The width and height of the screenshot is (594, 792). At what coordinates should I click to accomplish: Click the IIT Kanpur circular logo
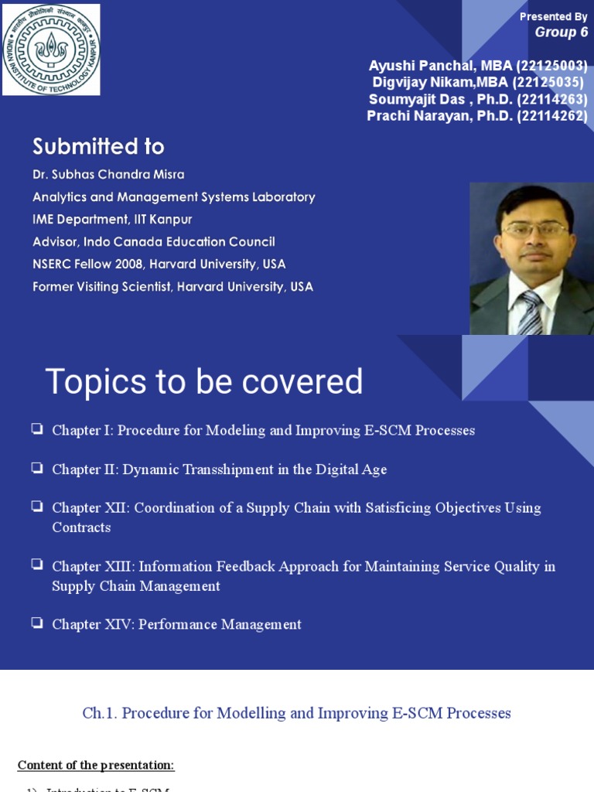[51, 49]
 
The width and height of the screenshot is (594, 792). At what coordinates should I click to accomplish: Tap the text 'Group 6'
[561, 32]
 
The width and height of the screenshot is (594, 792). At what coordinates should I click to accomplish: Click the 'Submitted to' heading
[98, 146]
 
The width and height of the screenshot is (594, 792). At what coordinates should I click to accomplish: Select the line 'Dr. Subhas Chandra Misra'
[108, 175]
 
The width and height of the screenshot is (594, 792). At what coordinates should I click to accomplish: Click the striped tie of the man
[530, 312]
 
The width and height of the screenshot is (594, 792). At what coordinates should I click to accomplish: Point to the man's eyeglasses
[534, 230]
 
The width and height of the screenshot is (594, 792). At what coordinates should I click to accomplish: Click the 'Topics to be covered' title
[204, 381]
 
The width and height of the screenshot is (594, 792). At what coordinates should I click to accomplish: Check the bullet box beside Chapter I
[37, 428]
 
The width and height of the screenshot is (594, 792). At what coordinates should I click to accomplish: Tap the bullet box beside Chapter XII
[37, 506]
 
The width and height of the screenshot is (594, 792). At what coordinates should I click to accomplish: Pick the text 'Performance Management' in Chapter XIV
[220, 624]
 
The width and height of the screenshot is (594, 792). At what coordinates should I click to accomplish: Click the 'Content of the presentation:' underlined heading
[96, 766]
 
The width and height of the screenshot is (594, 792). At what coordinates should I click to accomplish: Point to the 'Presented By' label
[553, 16]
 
